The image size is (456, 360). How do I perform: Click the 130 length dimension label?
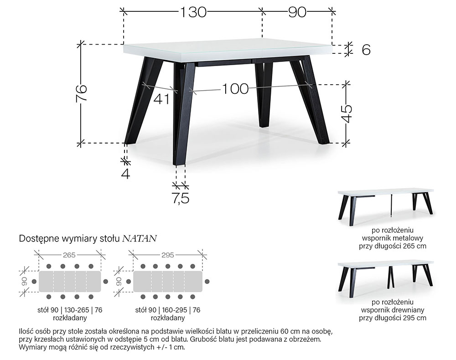point(193,12)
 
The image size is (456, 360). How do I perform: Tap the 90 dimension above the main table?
point(297,12)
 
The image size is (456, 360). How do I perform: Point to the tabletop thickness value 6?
point(366,50)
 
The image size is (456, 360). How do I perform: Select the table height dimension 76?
point(82,93)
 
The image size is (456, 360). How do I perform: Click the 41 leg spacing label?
point(161,99)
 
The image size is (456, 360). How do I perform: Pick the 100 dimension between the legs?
point(235,88)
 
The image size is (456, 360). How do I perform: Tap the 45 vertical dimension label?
point(347,113)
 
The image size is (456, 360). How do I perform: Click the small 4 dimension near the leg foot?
point(126,173)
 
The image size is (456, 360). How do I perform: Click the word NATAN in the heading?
point(140,238)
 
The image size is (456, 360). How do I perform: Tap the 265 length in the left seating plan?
point(69,255)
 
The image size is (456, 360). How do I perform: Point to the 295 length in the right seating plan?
point(167,255)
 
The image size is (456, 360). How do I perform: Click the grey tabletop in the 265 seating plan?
point(70,282)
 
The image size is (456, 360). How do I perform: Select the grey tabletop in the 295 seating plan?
point(168,282)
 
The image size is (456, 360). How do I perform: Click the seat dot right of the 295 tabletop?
point(207,282)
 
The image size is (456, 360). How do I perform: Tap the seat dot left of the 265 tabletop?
point(34,282)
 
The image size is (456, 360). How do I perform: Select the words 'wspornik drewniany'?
point(392,310)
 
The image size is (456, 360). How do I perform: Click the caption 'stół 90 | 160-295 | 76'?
point(167,310)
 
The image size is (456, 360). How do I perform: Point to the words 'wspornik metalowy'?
point(392,238)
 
